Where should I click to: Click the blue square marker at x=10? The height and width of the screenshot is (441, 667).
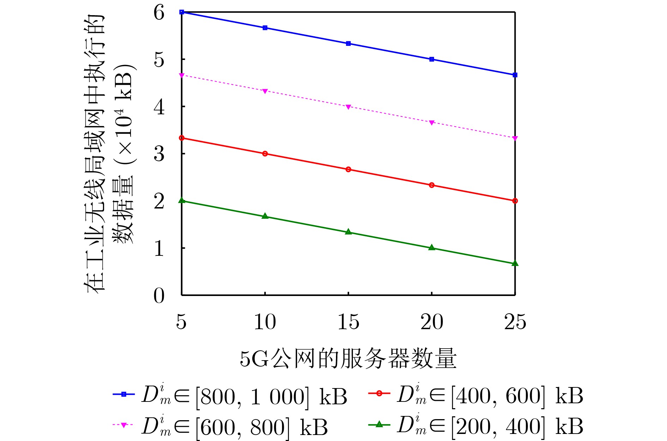coord(265,28)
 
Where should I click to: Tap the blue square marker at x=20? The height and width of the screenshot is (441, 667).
coord(432,59)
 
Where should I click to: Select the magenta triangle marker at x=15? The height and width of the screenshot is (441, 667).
coord(348,107)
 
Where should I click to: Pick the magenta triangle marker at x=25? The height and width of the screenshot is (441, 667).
coord(515,138)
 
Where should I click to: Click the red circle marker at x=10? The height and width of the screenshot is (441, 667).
coord(265,154)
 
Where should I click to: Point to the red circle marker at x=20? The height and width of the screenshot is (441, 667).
coord(432,185)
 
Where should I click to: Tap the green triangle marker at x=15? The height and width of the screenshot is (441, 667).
coord(348,232)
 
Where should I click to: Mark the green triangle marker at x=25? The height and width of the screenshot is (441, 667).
coord(515,263)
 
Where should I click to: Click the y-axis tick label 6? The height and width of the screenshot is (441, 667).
coord(159,13)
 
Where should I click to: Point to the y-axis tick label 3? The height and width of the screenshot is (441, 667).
coord(159,154)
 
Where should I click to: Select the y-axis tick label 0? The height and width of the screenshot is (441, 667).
coord(159,296)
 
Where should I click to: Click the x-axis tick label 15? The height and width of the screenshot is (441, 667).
coord(348,322)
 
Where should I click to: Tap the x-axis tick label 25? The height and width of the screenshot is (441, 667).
coord(515,322)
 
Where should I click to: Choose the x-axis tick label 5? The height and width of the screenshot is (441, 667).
coord(181,322)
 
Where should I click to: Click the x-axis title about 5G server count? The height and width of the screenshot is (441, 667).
coord(348,359)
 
